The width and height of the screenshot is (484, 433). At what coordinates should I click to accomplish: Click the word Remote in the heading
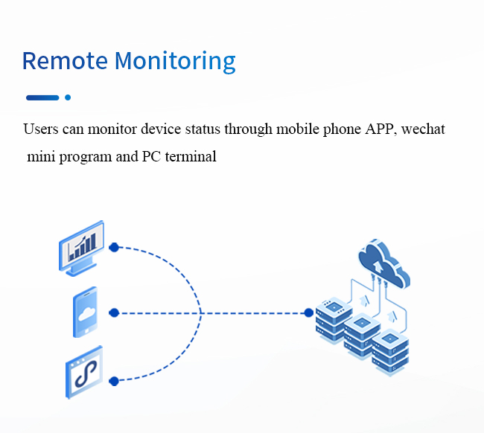click(65, 60)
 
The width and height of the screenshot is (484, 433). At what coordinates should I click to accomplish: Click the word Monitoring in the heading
click(175, 62)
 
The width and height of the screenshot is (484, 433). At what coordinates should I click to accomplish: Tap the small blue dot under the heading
click(68, 97)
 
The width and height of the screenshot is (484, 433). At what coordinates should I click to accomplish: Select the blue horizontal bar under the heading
click(42, 97)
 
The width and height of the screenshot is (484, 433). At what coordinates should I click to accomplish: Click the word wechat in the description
click(423, 129)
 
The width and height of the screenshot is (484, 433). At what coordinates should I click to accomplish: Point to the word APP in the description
click(381, 129)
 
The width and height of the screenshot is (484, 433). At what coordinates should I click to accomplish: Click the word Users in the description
click(41, 129)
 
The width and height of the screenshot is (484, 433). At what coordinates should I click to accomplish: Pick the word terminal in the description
click(191, 156)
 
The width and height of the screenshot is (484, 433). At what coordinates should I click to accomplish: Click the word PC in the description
click(151, 156)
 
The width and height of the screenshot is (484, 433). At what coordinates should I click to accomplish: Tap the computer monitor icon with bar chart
click(81, 248)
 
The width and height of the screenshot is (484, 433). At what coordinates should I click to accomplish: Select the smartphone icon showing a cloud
click(85, 312)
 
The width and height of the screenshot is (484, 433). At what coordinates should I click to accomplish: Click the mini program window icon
click(84, 372)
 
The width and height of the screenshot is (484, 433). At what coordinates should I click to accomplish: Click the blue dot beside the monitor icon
click(114, 247)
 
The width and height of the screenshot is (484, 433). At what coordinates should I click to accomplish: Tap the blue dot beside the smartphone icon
click(114, 312)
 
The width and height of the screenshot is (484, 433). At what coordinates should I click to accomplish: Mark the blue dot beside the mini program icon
click(114, 381)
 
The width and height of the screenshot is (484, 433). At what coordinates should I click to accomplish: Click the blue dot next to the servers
click(309, 313)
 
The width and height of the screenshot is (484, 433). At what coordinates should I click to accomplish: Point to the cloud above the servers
click(384, 263)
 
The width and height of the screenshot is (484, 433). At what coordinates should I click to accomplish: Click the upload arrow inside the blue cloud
click(378, 267)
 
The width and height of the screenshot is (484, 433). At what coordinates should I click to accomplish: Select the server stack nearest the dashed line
click(334, 319)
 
